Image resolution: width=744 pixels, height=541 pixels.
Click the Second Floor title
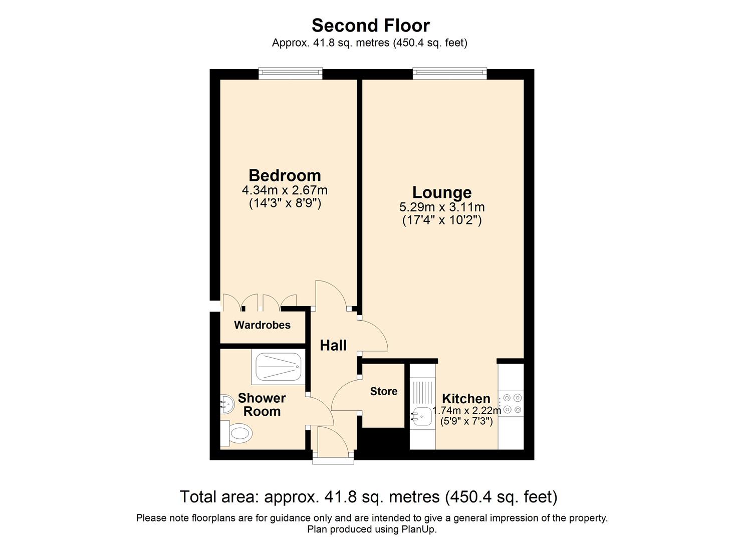(x=370, y=25)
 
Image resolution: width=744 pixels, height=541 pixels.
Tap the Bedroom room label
(x=285, y=175)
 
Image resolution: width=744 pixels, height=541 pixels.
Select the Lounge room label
(x=441, y=192)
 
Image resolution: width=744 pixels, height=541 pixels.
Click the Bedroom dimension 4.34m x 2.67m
(x=285, y=190)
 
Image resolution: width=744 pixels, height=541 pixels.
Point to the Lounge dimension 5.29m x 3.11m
(x=441, y=207)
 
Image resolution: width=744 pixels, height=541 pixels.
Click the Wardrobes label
(x=262, y=325)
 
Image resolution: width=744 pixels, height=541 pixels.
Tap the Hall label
(x=333, y=345)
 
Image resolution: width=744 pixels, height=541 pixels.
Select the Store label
(x=384, y=391)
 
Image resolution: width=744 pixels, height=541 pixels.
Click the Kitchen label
(x=466, y=399)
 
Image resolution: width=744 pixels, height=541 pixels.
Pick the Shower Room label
(x=262, y=405)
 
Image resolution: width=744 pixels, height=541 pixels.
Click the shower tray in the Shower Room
(x=279, y=367)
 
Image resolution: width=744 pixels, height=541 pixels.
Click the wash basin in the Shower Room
(x=227, y=404)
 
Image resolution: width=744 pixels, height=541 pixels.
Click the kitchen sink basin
(x=420, y=415)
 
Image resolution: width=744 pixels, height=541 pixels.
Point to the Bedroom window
(x=290, y=74)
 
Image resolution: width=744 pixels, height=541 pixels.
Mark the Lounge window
(x=449, y=74)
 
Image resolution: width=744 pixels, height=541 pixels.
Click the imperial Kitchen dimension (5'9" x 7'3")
(x=466, y=421)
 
